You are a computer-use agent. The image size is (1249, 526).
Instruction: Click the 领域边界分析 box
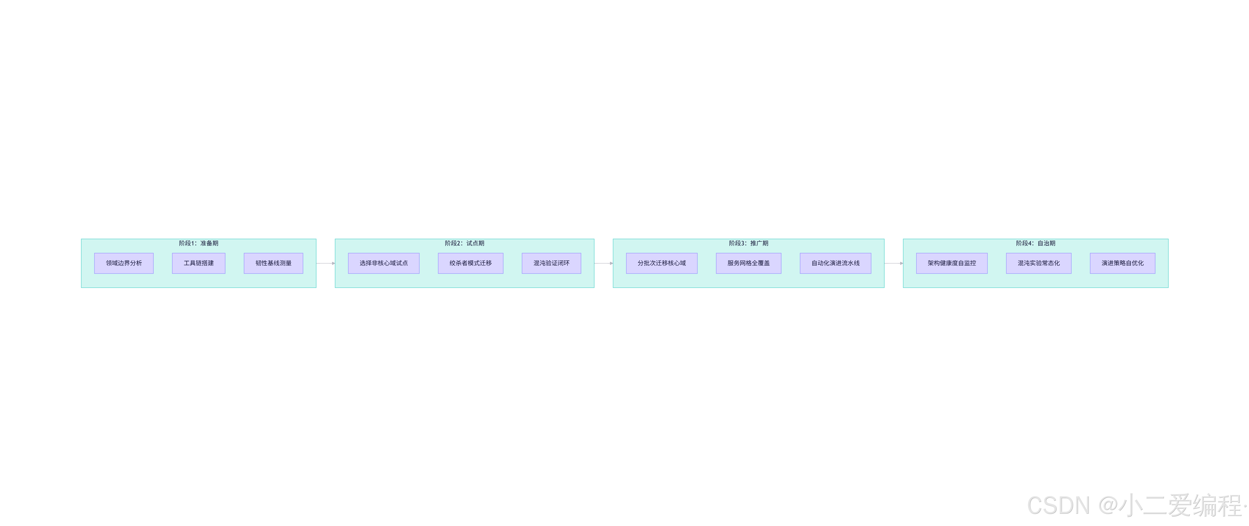coord(124,263)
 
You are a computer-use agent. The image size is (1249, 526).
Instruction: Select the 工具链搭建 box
coord(198,263)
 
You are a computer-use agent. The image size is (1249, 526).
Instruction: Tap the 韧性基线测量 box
coord(273,263)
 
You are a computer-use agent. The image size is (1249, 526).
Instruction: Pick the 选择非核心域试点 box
coord(383,263)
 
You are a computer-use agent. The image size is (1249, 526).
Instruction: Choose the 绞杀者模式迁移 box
coord(470,263)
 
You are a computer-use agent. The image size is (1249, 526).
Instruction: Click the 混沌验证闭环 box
coord(551,263)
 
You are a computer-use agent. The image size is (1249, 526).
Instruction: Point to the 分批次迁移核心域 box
coord(661,263)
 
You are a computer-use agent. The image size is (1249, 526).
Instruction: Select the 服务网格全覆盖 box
coord(748,263)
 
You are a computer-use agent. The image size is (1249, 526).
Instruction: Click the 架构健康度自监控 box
coord(951,263)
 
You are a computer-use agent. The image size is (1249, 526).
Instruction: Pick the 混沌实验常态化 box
coord(1039,263)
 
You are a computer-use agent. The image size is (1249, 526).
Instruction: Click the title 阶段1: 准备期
coord(198,243)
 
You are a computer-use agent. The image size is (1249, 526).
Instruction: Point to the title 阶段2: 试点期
coord(464,243)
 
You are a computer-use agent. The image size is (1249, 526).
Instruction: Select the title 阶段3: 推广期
coord(748,243)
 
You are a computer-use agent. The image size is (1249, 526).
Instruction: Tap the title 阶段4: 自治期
coord(1035,243)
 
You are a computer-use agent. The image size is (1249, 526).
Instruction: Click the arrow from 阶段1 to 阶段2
coord(325,263)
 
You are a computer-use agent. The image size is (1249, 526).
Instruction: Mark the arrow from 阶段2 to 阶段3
coord(603,263)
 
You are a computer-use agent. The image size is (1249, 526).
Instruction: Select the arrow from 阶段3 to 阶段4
coord(893,263)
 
